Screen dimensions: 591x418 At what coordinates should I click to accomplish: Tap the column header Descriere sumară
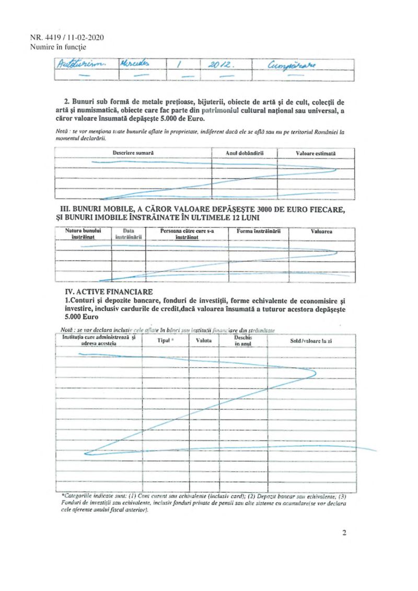[x=133, y=153]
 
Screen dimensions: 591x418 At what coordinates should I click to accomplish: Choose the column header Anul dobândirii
[x=244, y=153]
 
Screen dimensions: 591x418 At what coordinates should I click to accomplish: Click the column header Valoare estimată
[x=316, y=153]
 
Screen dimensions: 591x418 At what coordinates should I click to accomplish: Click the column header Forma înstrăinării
[x=258, y=230]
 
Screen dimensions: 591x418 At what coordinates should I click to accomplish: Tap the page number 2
[x=344, y=533]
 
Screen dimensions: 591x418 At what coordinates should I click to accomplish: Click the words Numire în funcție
[x=59, y=47]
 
